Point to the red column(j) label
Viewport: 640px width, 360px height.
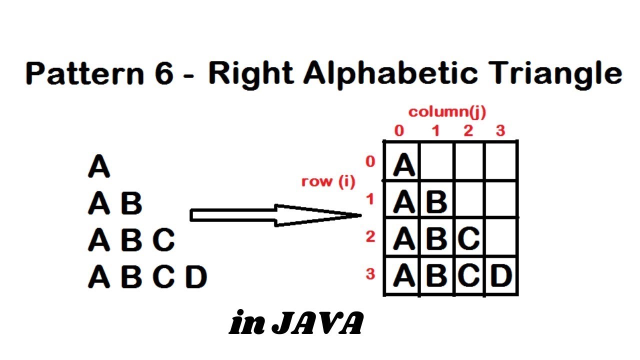coord(447,111)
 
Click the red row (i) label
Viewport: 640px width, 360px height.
coord(328,181)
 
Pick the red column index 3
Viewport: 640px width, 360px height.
coord(500,131)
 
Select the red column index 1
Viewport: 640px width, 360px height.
coord(435,131)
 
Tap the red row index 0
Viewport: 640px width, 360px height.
coord(370,161)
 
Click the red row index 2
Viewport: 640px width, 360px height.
coord(370,236)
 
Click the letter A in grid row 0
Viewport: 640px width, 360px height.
coord(404,165)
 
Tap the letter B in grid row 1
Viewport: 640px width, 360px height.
coord(437,202)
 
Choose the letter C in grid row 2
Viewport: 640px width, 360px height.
coord(469,239)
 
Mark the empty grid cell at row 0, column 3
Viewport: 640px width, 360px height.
coord(501,161)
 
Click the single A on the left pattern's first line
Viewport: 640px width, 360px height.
coord(99,166)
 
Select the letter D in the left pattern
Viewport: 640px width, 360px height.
coord(195,277)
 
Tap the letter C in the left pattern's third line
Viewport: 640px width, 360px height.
coord(163,240)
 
